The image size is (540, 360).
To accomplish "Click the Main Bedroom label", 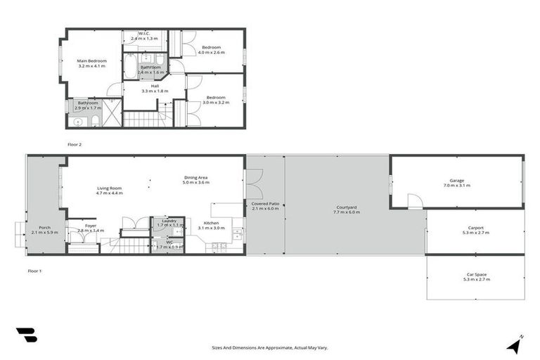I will tap(91, 60).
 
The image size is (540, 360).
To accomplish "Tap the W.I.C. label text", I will tap(145, 33).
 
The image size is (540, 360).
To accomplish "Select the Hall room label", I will tap(146, 86).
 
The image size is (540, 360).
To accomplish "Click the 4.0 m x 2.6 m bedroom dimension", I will tap(212, 53).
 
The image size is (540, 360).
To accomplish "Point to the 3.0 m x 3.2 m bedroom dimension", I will tap(216, 102).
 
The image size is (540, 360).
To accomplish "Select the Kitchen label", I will tap(212, 223).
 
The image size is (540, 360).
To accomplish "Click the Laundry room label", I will tap(169, 220).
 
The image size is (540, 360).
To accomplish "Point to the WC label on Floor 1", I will tap(169, 242).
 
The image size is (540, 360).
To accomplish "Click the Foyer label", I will tap(91, 226).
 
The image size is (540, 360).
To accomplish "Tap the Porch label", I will tap(44, 227).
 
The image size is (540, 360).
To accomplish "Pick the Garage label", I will tap(456, 180).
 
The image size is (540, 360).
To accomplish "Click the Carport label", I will tap(476, 227).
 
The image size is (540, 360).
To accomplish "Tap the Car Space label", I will tap(475, 274).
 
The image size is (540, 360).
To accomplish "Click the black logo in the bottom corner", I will tap(26, 335).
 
